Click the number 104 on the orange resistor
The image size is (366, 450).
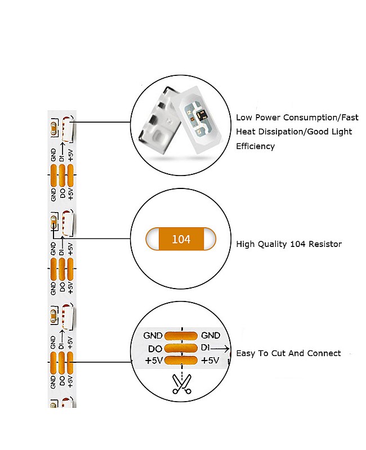coord(181,239)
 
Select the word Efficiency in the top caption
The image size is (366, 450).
coord(255,146)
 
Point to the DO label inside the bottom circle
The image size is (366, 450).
coord(155,349)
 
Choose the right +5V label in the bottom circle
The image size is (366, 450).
coord(210,361)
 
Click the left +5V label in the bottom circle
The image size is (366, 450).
coord(154,361)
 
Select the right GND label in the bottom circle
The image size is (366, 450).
coord(211,336)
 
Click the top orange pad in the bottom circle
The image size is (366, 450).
coord(181,336)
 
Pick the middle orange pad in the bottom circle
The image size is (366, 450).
coord(181,349)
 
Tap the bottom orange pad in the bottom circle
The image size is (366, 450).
coord(181,361)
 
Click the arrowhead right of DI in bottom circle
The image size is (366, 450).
coord(227,349)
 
